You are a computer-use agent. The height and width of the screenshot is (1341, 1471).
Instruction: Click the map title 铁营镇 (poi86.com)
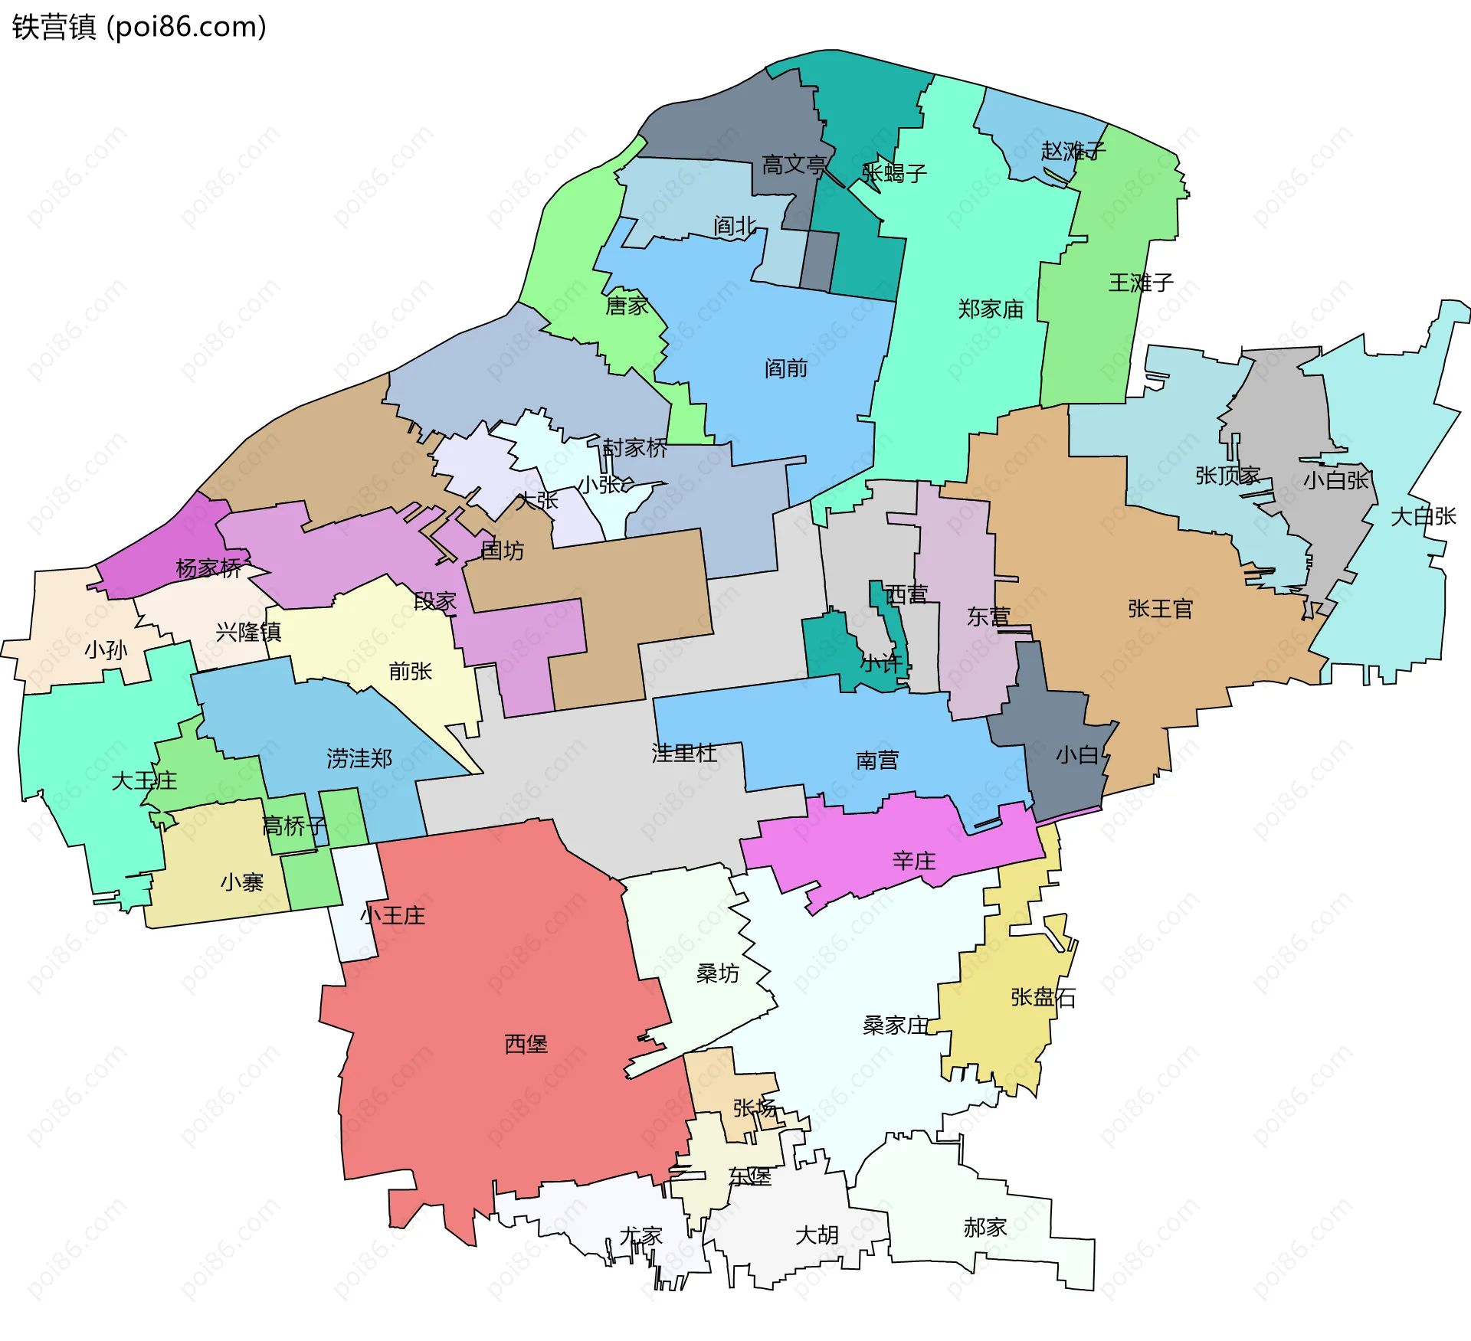point(139,27)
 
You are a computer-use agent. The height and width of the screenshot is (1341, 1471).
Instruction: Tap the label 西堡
point(526,1044)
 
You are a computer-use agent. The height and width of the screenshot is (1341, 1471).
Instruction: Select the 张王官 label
point(1160,609)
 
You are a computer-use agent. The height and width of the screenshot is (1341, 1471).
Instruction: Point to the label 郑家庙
point(991,309)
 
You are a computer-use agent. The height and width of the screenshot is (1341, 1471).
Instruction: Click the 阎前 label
point(786,368)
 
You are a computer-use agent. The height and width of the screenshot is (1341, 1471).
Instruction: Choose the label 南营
point(876,760)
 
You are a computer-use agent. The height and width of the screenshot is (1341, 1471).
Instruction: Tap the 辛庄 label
point(914,861)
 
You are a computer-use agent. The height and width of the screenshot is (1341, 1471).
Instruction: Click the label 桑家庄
point(895,1025)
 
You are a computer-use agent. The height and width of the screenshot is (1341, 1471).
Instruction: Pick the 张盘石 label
point(1043,997)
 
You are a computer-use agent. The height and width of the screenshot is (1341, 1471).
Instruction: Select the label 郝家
point(984,1228)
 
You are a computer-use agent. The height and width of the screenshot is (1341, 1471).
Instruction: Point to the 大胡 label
point(817,1235)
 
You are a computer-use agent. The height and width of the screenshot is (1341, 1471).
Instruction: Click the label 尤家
point(640,1236)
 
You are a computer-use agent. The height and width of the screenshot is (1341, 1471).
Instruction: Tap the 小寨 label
point(242,882)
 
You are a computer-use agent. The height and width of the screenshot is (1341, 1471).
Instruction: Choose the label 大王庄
point(144,781)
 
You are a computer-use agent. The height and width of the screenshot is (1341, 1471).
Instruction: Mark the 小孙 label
point(106,650)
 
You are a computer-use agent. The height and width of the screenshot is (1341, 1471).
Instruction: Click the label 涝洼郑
point(359,758)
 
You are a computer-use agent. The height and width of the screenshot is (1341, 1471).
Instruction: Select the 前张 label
point(411,672)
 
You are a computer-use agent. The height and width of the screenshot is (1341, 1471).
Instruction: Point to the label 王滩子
point(1141,283)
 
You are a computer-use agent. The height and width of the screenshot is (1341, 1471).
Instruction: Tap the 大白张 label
point(1423,516)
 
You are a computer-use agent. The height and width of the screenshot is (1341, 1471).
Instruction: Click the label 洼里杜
point(684,753)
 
